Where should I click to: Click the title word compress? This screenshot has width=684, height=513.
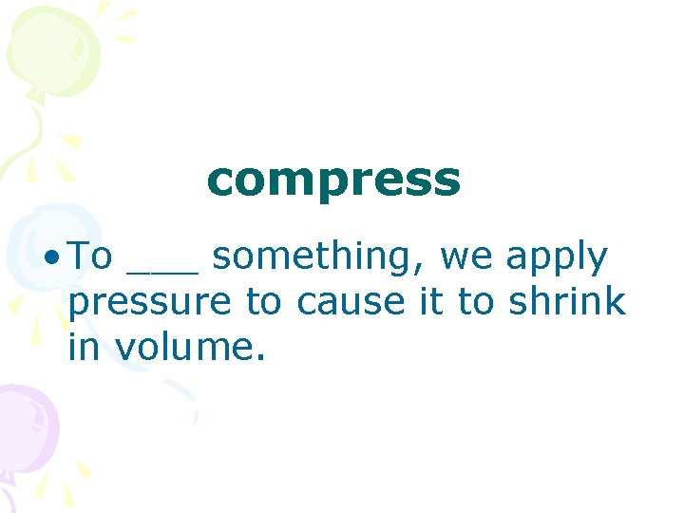tap(333, 180)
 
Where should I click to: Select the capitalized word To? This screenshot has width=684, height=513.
tap(92, 256)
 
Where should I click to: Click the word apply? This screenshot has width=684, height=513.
tap(557, 259)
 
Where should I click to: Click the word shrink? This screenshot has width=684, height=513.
tap(567, 302)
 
